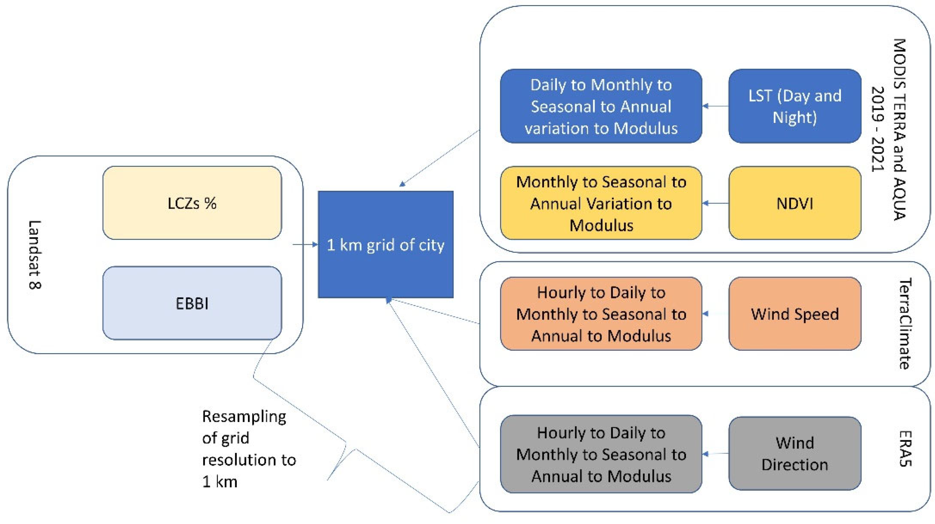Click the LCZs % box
tap(192, 203)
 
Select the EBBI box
tap(192, 303)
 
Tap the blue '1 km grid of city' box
tap(385, 244)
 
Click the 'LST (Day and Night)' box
tap(795, 106)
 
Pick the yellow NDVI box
tap(795, 203)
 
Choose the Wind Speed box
tap(795, 314)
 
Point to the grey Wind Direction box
tap(795, 453)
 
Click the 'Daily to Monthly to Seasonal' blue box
tap(601, 106)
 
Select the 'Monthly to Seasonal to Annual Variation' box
tap(601, 203)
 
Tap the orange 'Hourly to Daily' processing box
tap(601, 314)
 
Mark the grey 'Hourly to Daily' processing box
tap(601, 454)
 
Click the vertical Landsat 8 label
tap(35, 254)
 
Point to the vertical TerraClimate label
tap(905, 324)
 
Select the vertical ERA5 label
tap(905, 448)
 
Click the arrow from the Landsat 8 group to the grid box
tap(305, 244)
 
